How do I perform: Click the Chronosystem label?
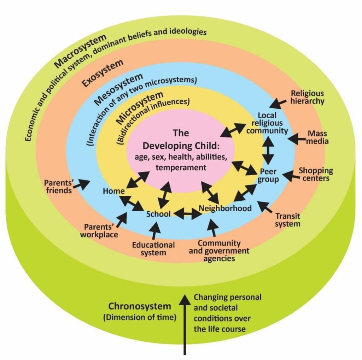pyautogui.click(x=139, y=306)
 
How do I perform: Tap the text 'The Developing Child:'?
pyautogui.click(x=181, y=140)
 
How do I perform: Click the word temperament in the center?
pyautogui.click(x=181, y=167)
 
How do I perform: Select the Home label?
pyautogui.click(x=113, y=191)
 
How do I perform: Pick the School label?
pyautogui.click(x=158, y=214)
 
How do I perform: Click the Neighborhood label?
pyautogui.click(x=225, y=208)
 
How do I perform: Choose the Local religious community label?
pyautogui.click(x=267, y=123)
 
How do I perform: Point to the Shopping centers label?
pyautogui.click(x=316, y=174)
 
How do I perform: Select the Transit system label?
pyautogui.click(x=288, y=219)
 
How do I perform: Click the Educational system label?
pyautogui.click(x=153, y=248)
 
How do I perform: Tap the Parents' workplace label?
pyautogui.click(x=99, y=230)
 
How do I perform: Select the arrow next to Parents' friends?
pyautogui.click(x=83, y=183)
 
